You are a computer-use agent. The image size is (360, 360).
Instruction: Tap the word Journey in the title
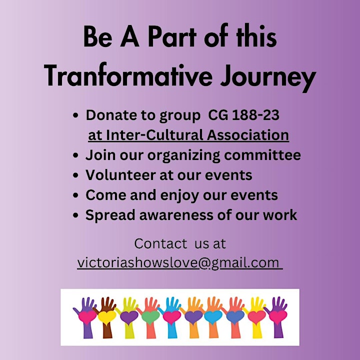click(x=268, y=77)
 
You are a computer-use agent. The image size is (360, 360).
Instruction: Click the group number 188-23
click(x=256, y=115)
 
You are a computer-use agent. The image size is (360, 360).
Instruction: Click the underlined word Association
click(x=247, y=135)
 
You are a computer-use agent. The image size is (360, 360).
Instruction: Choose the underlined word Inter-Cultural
click(x=154, y=135)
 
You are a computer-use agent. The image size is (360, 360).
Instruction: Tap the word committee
click(x=262, y=155)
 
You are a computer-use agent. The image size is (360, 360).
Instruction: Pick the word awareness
click(x=176, y=215)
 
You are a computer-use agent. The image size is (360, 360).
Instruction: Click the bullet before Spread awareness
click(x=75, y=215)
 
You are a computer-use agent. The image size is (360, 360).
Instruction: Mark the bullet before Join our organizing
click(x=75, y=155)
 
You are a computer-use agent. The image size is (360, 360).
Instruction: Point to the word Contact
click(x=160, y=243)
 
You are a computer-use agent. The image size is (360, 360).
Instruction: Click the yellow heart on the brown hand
click(x=107, y=317)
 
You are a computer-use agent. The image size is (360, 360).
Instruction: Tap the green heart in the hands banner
click(x=150, y=317)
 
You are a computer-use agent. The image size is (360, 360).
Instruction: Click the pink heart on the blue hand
click(x=172, y=317)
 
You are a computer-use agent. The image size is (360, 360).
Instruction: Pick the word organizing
click(x=184, y=155)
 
